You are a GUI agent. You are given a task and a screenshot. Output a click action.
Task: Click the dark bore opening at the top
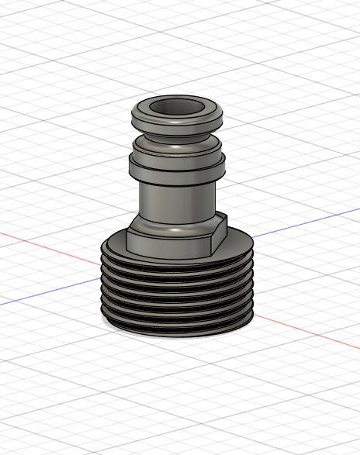(x=177, y=107)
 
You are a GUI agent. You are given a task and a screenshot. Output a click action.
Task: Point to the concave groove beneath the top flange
(x=176, y=133)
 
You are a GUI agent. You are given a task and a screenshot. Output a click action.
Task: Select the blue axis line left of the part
(x=47, y=293)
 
